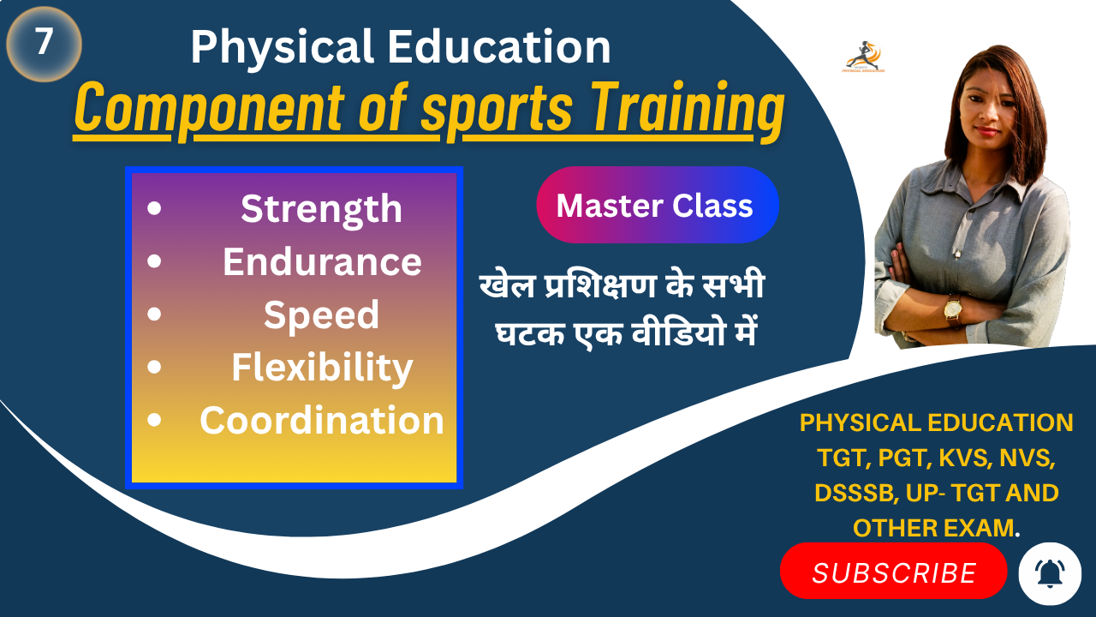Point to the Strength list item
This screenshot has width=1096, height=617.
(x=321, y=209)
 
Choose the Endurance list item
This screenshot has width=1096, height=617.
(x=322, y=262)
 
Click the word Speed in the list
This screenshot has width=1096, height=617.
(x=321, y=315)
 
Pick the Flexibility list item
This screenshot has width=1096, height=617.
(x=322, y=368)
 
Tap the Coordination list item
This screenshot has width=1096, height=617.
(x=322, y=421)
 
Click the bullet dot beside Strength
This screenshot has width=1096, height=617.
(x=154, y=209)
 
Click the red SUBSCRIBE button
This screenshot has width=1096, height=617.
(x=893, y=572)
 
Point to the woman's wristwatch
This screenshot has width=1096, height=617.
(x=951, y=307)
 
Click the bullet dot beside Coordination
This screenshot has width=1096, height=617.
(x=154, y=421)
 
